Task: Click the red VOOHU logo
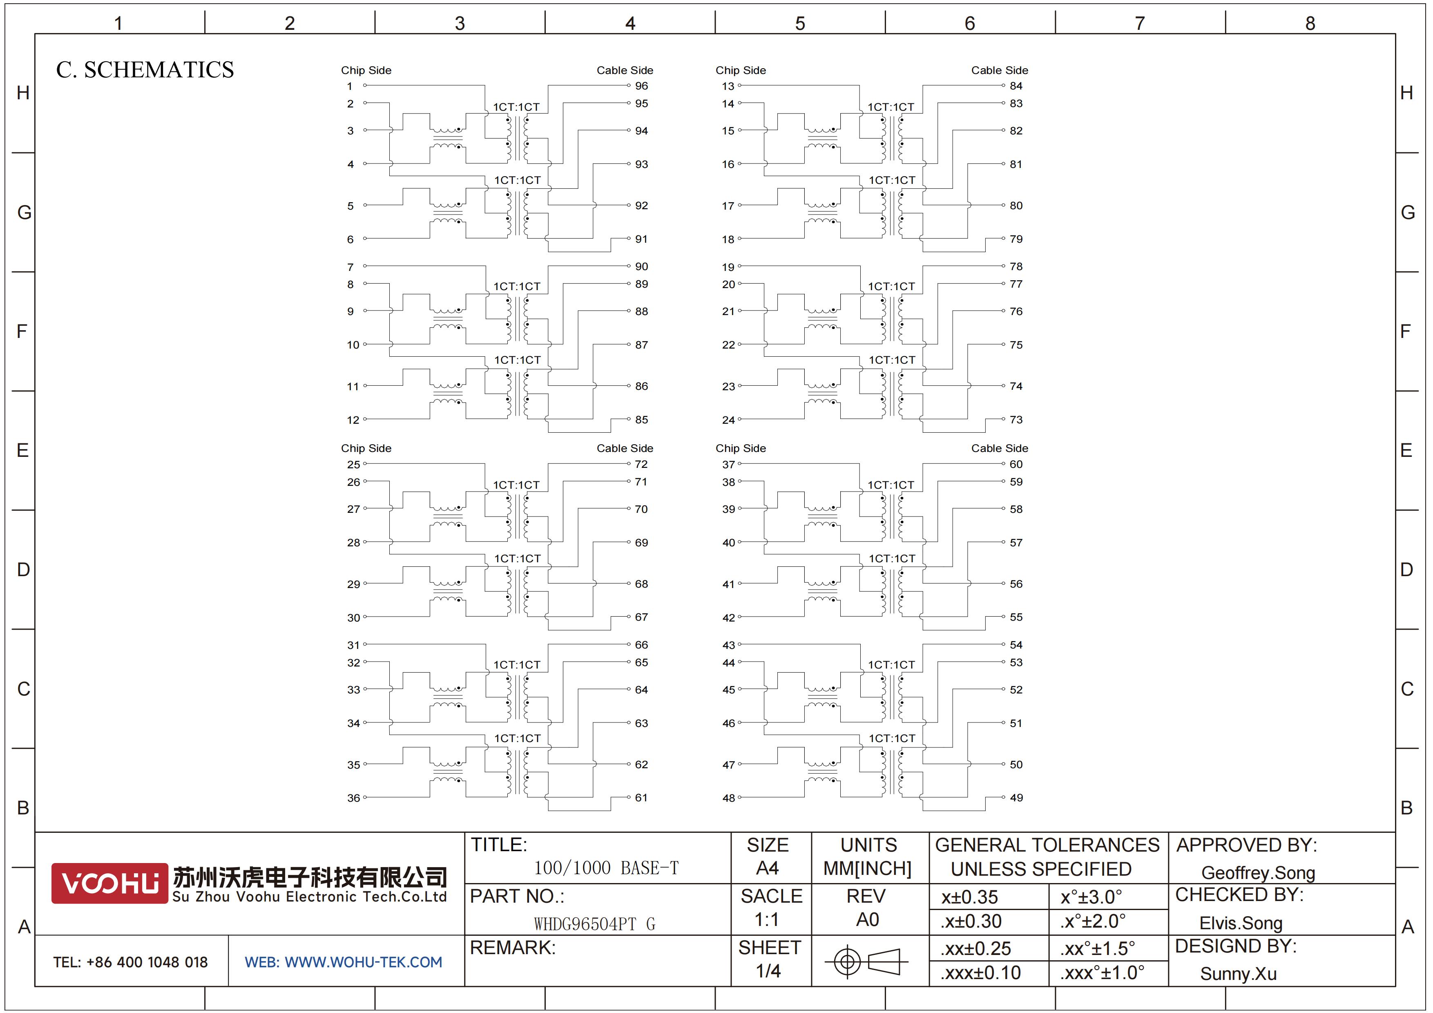coord(109,883)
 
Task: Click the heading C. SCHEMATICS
coord(145,70)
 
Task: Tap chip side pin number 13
coord(728,86)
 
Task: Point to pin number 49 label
coord(1016,798)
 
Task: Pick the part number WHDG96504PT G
coord(594,924)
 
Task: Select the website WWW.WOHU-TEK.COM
coord(363,962)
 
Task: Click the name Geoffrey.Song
coord(1258,873)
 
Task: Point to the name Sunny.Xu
coord(1238,974)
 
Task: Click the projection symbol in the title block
coord(866,961)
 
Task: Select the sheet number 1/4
coord(768,971)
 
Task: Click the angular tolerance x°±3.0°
coord(1091,897)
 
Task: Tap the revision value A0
coord(868,920)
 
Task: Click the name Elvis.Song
coord(1241,923)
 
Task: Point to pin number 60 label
coord(1016,464)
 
